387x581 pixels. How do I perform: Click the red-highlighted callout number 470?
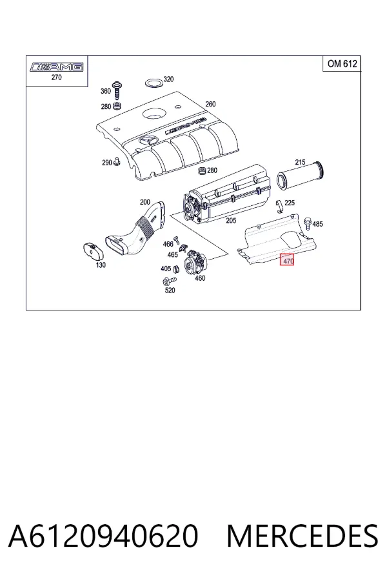(x=287, y=261)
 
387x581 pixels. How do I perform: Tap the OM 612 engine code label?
(x=342, y=64)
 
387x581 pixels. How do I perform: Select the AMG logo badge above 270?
(x=57, y=67)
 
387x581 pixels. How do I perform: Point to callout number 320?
(x=168, y=79)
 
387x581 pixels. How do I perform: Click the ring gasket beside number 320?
(x=153, y=82)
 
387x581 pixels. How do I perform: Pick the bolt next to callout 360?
(x=118, y=90)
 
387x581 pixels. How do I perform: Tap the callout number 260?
(x=210, y=104)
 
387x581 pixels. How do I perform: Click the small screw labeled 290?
(x=117, y=161)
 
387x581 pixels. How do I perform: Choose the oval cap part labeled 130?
(x=93, y=252)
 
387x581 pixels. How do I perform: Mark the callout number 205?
(x=231, y=221)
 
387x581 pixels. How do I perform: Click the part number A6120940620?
(x=103, y=536)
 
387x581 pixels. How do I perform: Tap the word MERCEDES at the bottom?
(x=303, y=536)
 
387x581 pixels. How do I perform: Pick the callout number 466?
(x=168, y=244)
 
